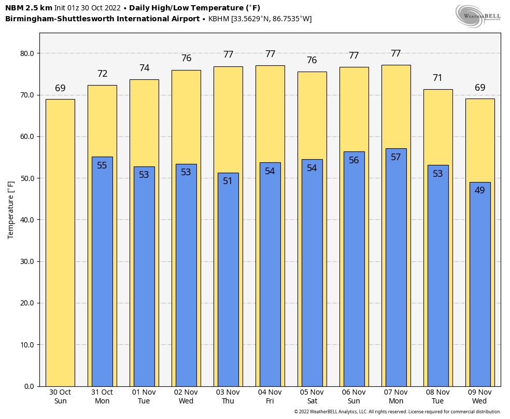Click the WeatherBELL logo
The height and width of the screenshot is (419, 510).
478,16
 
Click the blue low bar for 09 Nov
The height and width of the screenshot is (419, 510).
480,285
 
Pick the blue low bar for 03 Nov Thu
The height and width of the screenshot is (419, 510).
228,280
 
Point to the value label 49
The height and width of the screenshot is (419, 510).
480,190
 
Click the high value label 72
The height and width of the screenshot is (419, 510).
102,74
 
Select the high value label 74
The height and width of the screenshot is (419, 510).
144,68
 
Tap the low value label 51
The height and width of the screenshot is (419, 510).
228,181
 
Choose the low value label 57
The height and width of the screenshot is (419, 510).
396,157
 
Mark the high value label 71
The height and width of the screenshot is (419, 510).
438,78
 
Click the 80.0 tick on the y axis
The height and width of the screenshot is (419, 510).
27,53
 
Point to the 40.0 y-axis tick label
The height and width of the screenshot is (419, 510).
27,220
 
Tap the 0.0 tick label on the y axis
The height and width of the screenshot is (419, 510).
29,386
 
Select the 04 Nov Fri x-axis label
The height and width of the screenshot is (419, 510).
270,397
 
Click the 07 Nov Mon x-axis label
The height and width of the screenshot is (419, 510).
396,397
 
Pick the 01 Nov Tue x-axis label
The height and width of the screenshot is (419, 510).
144,397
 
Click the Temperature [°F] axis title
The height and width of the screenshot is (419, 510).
11,209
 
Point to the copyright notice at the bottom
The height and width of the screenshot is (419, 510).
397,412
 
